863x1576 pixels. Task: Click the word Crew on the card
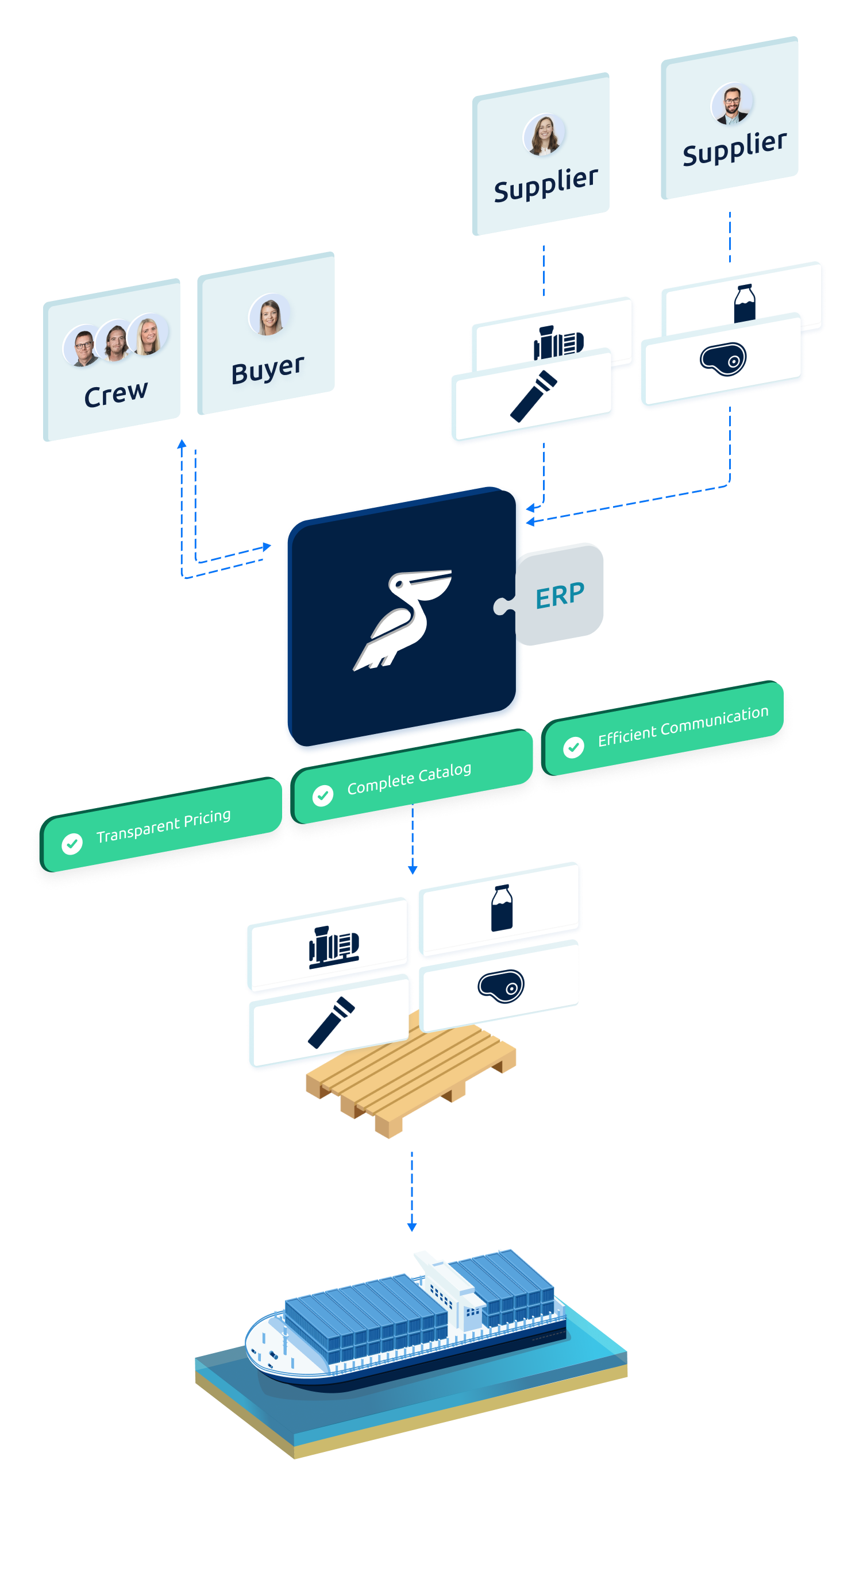pyautogui.click(x=115, y=393)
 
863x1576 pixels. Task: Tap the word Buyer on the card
pyautogui.click(x=268, y=369)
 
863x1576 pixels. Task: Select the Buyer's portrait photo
pyautogui.click(x=269, y=316)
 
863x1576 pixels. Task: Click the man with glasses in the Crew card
pyautogui.click(x=83, y=347)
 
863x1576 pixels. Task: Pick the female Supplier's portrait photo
pyautogui.click(x=544, y=135)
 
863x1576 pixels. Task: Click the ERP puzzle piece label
pyautogui.click(x=560, y=594)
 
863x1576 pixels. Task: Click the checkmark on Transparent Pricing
pyautogui.click(x=72, y=844)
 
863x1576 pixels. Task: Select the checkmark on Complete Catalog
pyautogui.click(x=322, y=795)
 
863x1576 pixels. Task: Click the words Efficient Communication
pyautogui.click(x=683, y=726)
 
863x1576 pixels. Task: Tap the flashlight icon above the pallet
pyautogui.click(x=331, y=1022)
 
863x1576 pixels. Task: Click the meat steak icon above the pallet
pyautogui.click(x=500, y=986)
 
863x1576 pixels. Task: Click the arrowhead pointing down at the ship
pyautogui.click(x=411, y=1227)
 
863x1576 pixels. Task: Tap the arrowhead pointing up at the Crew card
pyautogui.click(x=182, y=443)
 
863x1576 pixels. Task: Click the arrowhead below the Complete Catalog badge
pyautogui.click(x=412, y=870)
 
